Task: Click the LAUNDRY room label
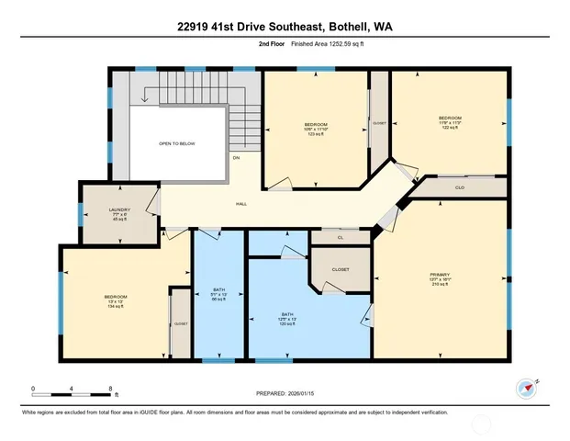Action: pyautogui.click(x=119, y=210)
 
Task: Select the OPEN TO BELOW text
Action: pyautogui.click(x=177, y=144)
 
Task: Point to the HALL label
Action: pyautogui.click(x=241, y=204)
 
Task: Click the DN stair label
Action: pyautogui.click(x=235, y=157)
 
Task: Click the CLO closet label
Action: pyautogui.click(x=460, y=187)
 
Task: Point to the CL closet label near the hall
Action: pyautogui.click(x=340, y=238)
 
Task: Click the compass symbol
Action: pyautogui.click(x=527, y=387)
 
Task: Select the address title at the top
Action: pyautogui.click(x=285, y=27)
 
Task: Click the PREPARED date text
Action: pyautogui.click(x=284, y=393)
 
